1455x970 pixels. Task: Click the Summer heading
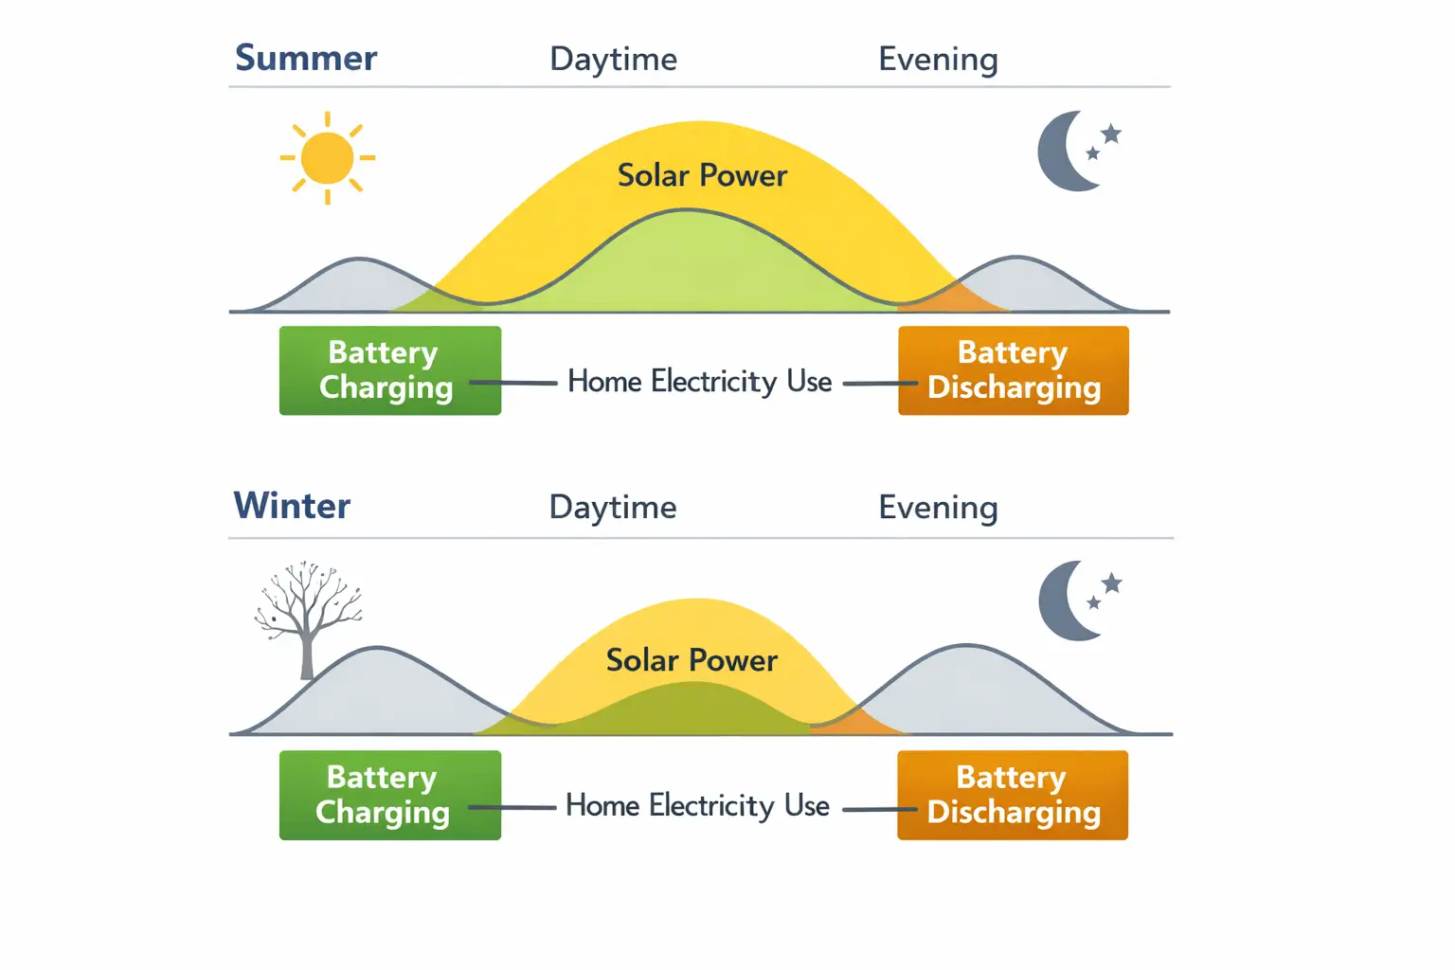[x=305, y=58]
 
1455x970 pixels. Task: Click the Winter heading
[x=292, y=506]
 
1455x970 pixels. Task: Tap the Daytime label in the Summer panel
[x=613, y=59]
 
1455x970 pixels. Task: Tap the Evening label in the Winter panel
[x=938, y=507]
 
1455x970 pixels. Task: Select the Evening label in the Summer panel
[x=938, y=59]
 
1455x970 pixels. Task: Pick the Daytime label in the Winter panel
[x=613, y=507]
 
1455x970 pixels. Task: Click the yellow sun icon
[x=327, y=157]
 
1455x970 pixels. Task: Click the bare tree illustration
[x=307, y=616]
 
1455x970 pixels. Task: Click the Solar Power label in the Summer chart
[x=702, y=175]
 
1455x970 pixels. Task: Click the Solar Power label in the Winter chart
[x=692, y=660]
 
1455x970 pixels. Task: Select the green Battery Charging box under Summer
[x=389, y=370]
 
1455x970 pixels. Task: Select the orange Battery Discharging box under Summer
[x=1013, y=370]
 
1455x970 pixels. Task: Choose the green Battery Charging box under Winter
[x=389, y=795]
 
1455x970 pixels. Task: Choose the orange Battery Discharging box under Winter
[x=1012, y=795]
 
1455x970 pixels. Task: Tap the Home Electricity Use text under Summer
[x=699, y=382]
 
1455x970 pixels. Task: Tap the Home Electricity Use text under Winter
[x=697, y=806]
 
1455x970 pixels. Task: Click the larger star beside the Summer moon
[x=1111, y=134]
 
